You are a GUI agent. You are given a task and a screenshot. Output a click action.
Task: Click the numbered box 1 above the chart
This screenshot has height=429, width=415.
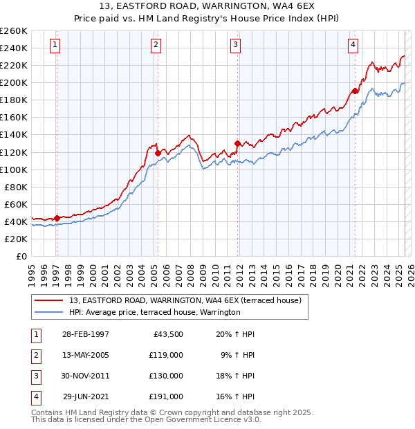tap(55, 46)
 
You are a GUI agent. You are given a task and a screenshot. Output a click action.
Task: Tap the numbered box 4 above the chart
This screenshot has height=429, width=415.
tap(353, 46)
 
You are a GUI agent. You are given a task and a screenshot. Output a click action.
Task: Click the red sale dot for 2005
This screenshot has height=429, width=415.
tap(158, 153)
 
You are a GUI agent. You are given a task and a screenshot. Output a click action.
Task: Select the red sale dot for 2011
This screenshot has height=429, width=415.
tap(237, 143)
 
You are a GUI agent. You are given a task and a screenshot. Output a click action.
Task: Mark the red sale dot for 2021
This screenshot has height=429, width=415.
tap(355, 91)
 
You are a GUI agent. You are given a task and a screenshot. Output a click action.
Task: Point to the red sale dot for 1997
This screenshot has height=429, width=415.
tap(57, 218)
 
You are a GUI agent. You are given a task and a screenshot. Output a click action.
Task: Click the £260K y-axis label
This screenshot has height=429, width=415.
tap(14, 31)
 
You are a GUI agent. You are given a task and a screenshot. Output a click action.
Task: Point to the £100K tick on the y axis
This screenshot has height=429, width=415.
tap(14, 170)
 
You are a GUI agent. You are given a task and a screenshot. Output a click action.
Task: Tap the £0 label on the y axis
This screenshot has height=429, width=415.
tap(21, 256)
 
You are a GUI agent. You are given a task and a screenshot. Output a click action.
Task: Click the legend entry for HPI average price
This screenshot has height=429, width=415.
tap(154, 313)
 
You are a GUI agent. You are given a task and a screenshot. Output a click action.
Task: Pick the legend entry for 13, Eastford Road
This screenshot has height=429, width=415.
tap(185, 301)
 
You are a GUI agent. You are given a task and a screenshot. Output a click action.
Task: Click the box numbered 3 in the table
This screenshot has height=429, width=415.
tap(35, 376)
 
